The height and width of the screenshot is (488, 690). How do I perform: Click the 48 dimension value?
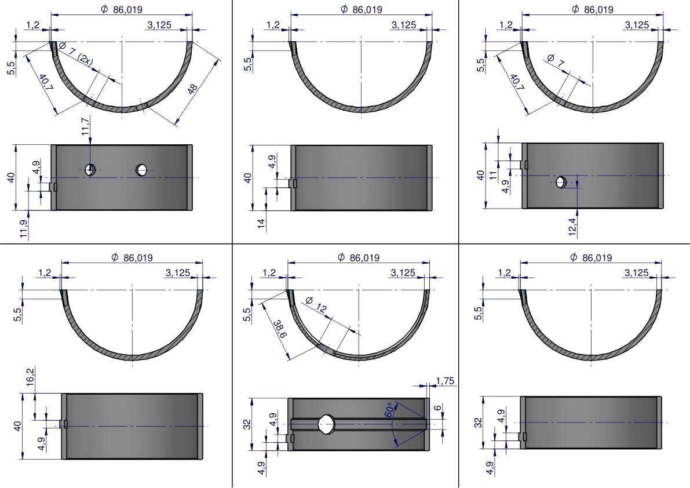point(192,89)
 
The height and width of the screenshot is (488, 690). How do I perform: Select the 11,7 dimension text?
point(85,125)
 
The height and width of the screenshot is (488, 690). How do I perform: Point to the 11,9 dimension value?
point(24,229)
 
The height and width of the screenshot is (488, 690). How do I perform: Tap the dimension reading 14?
point(261,223)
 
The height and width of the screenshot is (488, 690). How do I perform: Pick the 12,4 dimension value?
point(572,226)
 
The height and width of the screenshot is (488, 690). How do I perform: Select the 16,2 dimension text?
point(30,377)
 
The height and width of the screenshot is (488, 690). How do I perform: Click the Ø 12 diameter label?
point(316,304)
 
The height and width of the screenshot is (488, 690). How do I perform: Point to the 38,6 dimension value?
point(280,329)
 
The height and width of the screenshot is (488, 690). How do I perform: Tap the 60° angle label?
point(389,409)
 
